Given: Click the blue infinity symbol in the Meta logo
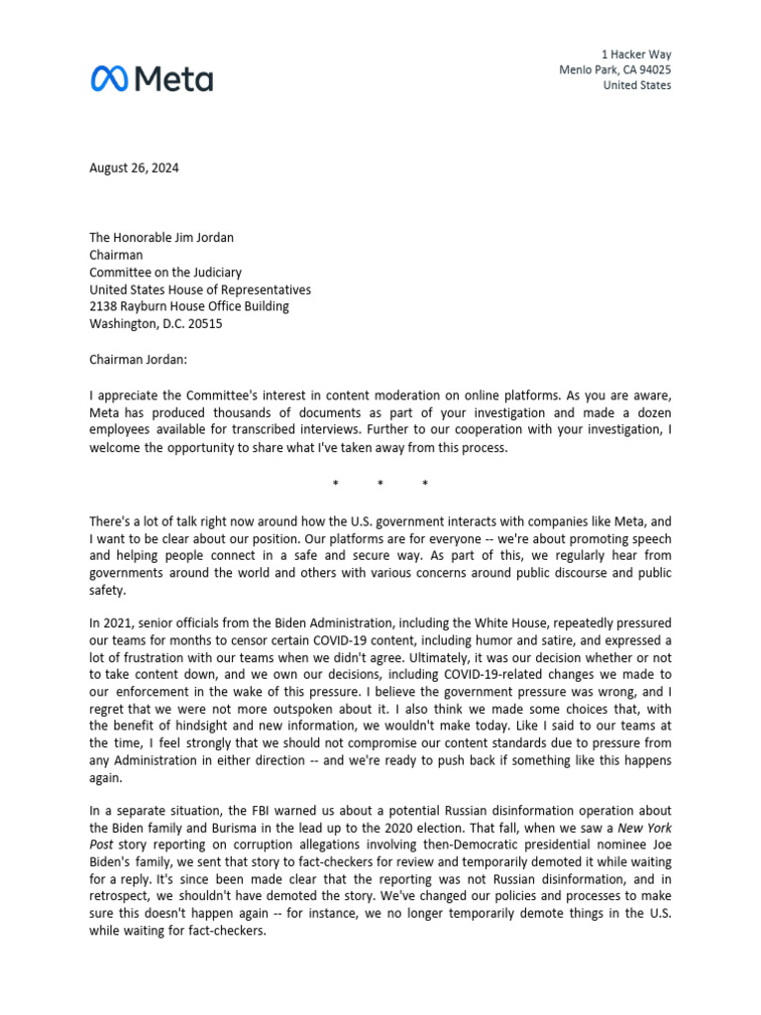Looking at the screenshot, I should (x=108, y=78).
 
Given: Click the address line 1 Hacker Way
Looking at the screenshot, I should (x=636, y=54).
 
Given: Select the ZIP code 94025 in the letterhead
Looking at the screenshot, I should (x=652, y=69).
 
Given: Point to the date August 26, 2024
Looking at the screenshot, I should (x=134, y=168).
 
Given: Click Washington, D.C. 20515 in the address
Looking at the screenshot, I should (x=156, y=323).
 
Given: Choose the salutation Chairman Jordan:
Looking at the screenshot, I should (x=138, y=358).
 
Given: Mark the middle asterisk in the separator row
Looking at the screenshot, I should (x=380, y=485).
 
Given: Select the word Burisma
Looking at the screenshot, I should (x=235, y=830).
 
